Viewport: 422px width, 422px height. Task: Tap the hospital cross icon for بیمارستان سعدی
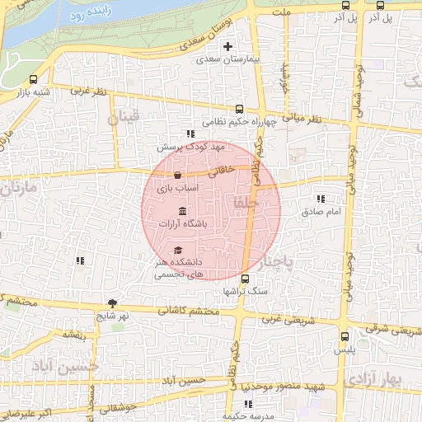(229, 46)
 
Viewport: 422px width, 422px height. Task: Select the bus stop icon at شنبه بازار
(33, 80)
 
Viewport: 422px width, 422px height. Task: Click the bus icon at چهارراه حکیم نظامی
(240, 108)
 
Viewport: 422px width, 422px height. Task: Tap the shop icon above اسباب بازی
(178, 175)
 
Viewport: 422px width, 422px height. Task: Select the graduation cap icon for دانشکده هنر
(178, 250)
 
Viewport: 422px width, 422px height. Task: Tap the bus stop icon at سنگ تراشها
(245, 279)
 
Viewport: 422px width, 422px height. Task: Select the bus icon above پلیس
(345, 336)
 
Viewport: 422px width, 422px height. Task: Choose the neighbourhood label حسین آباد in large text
(66, 365)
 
